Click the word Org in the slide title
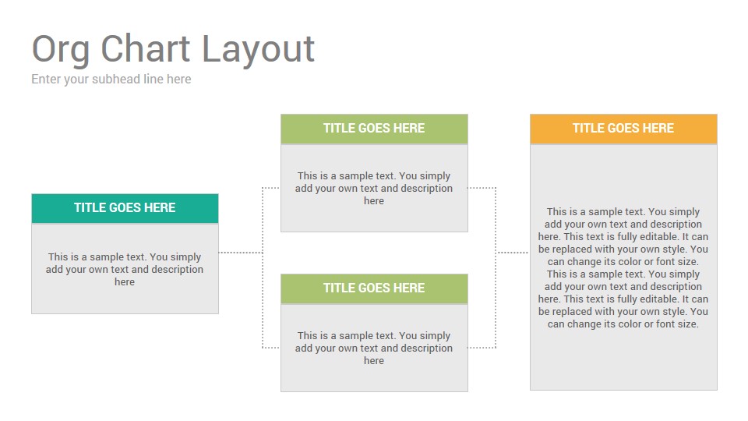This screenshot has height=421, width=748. (61, 50)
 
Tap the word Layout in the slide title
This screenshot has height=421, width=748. (258, 50)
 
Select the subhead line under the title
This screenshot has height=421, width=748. (111, 80)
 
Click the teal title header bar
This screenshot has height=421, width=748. (125, 208)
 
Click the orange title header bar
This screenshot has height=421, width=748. (623, 129)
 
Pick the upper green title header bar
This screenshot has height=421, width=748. (374, 129)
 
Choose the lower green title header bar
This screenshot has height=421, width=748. (374, 288)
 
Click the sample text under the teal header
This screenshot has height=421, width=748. (125, 269)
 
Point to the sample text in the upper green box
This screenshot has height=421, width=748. (374, 188)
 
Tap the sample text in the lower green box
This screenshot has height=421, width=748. (374, 348)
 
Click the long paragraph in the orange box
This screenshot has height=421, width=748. (623, 267)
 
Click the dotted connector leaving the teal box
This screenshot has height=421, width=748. (241, 252)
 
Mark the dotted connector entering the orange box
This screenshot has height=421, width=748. (513, 252)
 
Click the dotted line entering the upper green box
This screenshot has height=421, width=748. (271, 188)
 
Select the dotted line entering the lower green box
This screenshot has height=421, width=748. (271, 348)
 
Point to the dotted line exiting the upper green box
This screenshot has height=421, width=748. (482, 188)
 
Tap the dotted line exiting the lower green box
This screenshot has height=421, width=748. (482, 348)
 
